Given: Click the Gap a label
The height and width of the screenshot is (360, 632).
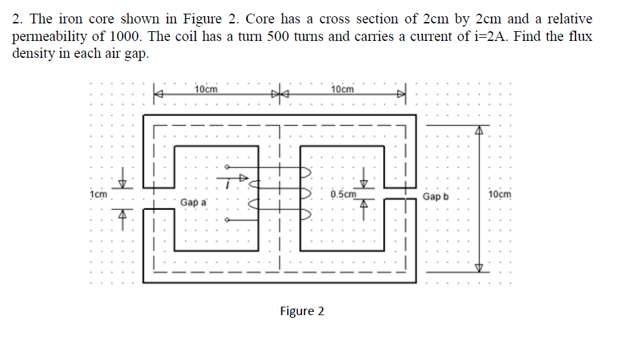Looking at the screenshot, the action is click(x=193, y=202).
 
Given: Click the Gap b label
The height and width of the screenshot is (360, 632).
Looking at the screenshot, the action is click(x=435, y=196).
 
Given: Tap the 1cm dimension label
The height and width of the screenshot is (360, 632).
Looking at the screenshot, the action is click(x=99, y=194).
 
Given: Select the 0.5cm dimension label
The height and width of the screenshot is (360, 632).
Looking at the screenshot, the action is click(x=344, y=194).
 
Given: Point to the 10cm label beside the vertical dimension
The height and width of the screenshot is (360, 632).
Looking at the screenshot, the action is click(x=499, y=194).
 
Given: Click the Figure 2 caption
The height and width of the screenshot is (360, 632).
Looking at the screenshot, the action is click(x=302, y=311).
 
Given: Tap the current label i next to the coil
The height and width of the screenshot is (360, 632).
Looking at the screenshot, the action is click(x=227, y=185).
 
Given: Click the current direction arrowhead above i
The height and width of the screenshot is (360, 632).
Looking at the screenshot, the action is click(x=244, y=177).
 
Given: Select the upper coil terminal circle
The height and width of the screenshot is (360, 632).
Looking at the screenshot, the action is click(x=227, y=167).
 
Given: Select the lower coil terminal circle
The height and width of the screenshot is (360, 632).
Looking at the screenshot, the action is click(x=227, y=220).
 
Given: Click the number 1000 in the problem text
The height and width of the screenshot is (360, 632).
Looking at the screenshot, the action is click(x=125, y=36).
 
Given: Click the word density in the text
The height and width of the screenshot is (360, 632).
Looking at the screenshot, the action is click(x=34, y=54).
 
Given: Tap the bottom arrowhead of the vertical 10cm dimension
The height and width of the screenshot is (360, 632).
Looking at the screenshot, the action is click(x=479, y=268).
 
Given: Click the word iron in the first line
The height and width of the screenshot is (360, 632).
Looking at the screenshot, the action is click(x=71, y=19).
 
